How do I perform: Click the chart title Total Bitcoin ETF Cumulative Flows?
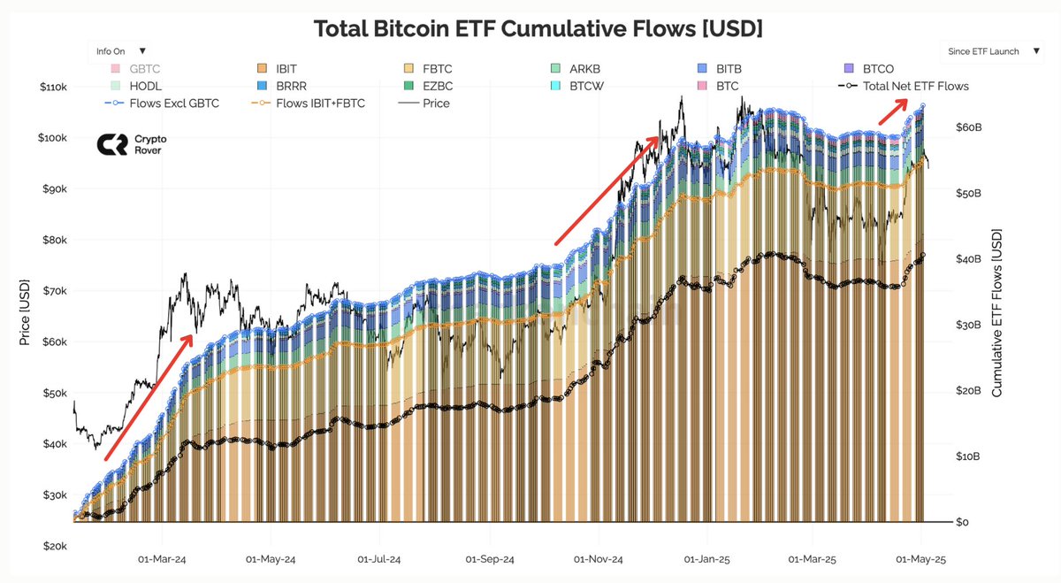pyautogui.click(x=538, y=28)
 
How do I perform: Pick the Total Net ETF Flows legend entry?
pyautogui.click(x=914, y=86)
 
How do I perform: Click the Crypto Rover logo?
pyautogui.click(x=130, y=145)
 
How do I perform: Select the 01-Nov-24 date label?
pyautogui.click(x=599, y=560)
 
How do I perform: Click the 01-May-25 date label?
pyautogui.click(x=922, y=560)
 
